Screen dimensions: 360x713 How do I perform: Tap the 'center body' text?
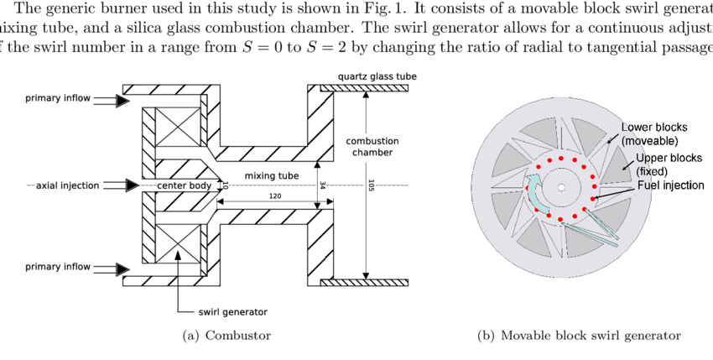click(x=185, y=185)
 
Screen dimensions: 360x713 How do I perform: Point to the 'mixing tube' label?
click(x=271, y=176)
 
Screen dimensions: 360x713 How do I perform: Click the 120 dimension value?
click(x=274, y=196)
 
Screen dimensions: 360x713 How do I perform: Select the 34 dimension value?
click(x=323, y=185)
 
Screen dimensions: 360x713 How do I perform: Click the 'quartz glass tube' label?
click(x=377, y=76)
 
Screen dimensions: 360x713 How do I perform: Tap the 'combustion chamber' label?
click(x=372, y=147)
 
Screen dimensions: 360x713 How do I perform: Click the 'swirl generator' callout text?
click(x=232, y=311)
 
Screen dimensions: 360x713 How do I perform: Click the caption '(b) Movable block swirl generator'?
click(x=579, y=336)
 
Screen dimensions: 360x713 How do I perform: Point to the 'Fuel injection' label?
click(x=671, y=185)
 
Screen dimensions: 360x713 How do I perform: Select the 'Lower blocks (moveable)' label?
click(x=653, y=134)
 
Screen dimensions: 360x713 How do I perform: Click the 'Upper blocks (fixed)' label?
click(x=668, y=164)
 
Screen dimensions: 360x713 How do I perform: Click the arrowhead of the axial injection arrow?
click(x=133, y=185)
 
